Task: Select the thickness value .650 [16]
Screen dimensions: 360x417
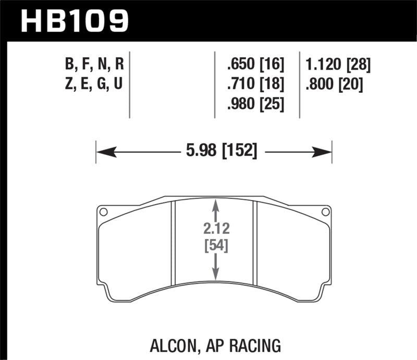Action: (x=255, y=65)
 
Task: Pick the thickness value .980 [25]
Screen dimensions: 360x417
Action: (x=255, y=105)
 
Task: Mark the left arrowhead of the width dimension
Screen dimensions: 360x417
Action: (x=102, y=152)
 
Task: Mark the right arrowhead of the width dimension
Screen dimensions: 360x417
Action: (x=326, y=152)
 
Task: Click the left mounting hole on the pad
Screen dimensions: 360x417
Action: (x=103, y=212)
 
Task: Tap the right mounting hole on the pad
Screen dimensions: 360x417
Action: (x=326, y=212)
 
